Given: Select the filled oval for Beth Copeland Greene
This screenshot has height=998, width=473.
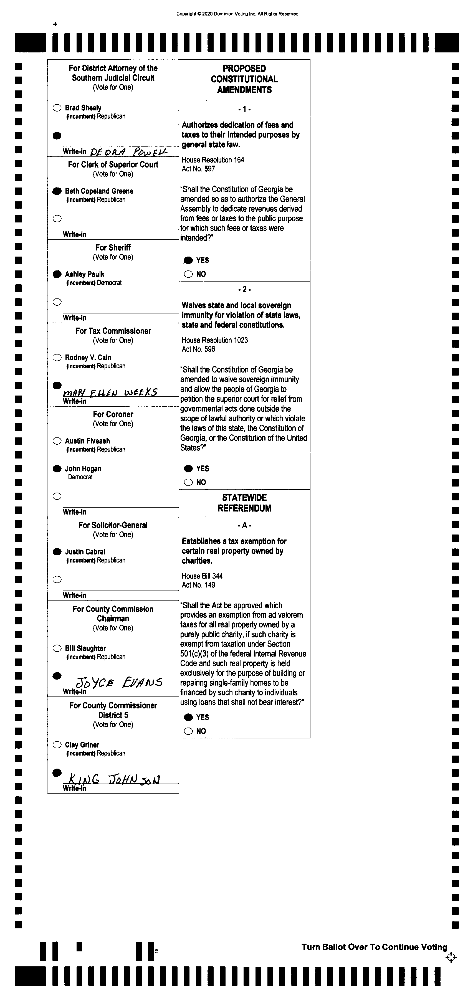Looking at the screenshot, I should point(57,191).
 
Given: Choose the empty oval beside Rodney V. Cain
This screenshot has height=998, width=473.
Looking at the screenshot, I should point(57,358).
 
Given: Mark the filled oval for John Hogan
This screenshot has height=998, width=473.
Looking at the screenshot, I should point(57,469).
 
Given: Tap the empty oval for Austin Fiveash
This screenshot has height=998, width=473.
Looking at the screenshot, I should point(57,441).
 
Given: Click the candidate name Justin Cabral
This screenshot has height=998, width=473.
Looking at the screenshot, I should point(85,552).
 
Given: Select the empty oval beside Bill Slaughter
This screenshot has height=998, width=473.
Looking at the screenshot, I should point(57,649).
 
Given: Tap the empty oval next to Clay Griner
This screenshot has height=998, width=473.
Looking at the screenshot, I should point(57,745).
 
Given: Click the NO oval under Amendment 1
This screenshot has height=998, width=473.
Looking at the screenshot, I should point(188,274).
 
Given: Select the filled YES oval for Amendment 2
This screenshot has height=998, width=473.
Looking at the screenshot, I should point(188,469).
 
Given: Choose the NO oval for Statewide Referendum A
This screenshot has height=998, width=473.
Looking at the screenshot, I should point(188,731).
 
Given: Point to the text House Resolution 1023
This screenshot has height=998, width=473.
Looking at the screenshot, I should point(215,340).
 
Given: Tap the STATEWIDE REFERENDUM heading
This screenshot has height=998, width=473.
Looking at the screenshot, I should point(244,503).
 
